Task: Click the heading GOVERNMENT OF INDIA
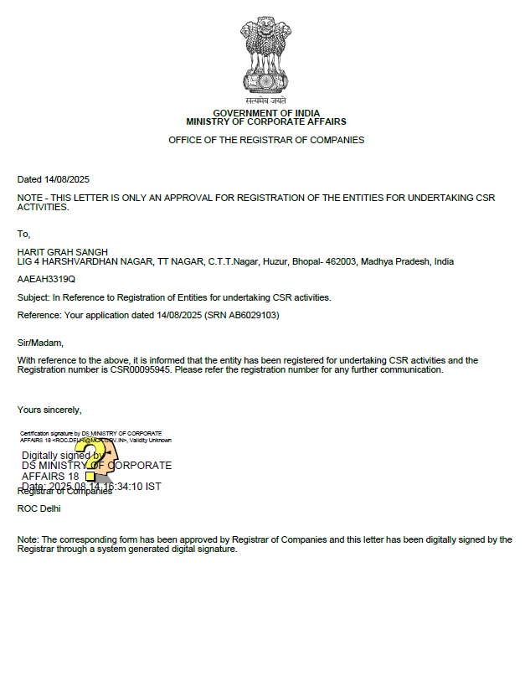[x=266, y=113]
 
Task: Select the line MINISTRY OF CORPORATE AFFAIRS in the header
[x=266, y=122]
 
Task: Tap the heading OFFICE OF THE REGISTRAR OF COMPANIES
[x=266, y=140]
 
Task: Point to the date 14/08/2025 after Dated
[x=67, y=179]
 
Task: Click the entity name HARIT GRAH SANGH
[x=63, y=252]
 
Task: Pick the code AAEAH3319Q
[x=46, y=279]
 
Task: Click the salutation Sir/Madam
[x=40, y=342]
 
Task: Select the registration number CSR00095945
[x=141, y=369]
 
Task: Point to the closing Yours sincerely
[x=49, y=410]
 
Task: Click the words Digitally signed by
[x=57, y=456]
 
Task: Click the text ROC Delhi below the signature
[x=39, y=508]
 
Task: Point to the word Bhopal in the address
[x=305, y=261]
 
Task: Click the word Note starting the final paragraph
[x=27, y=540]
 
